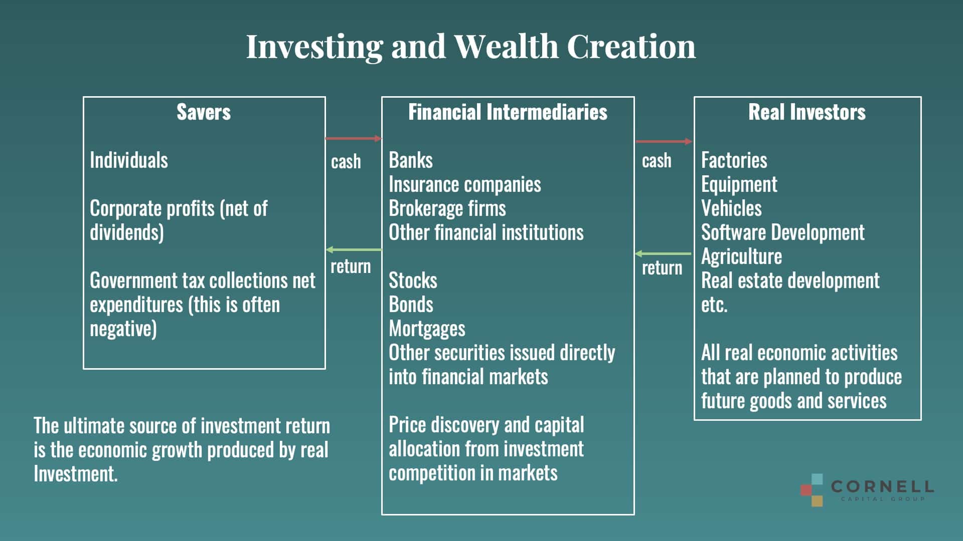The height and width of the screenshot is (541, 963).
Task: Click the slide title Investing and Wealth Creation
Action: [470, 47]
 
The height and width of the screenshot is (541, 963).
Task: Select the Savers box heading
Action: [204, 112]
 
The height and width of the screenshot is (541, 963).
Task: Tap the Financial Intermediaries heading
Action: [508, 112]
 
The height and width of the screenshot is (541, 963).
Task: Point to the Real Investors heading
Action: [807, 112]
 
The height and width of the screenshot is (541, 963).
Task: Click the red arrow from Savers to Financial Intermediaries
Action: [354, 138]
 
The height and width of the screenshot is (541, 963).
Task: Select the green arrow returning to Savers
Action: [354, 249]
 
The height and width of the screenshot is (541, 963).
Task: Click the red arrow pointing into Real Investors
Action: [664, 141]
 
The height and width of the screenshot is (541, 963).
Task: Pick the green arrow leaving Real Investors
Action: [663, 253]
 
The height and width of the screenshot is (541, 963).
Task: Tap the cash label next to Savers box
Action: [346, 162]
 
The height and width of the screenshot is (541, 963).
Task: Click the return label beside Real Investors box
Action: [662, 268]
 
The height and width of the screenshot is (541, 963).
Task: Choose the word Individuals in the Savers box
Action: [129, 160]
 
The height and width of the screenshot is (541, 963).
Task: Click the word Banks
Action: [410, 160]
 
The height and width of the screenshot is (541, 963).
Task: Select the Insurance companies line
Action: [465, 184]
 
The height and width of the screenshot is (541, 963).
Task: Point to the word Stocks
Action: [413, 281]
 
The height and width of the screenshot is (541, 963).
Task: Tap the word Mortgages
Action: [427, 329]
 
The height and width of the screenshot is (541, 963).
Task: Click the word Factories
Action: [734, 160]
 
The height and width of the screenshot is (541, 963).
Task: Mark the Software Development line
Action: [783, 232]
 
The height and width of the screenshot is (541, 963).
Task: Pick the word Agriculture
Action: [742, 256]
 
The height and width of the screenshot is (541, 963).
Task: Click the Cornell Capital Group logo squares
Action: [812, 490]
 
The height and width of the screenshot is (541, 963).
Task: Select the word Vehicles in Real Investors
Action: [731, 208]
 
